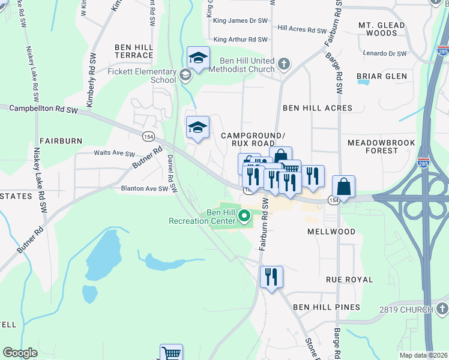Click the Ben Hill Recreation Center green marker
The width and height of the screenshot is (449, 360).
(244, 215)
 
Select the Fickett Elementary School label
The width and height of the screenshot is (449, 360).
(142, 75)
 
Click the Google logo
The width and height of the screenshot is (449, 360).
(20, 353)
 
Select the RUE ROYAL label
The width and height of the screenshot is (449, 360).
(349, 280)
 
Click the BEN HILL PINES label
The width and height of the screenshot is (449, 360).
(327, 307)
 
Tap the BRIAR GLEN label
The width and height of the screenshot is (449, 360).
(382, 76)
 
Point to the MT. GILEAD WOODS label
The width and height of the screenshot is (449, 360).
(378, 29)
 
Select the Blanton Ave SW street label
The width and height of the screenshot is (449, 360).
(144, 188)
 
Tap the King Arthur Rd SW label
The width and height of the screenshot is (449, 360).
(240, 40)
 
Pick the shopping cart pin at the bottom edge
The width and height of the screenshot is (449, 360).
(172, 353)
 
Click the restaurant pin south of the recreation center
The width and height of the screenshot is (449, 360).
(271, 277)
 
